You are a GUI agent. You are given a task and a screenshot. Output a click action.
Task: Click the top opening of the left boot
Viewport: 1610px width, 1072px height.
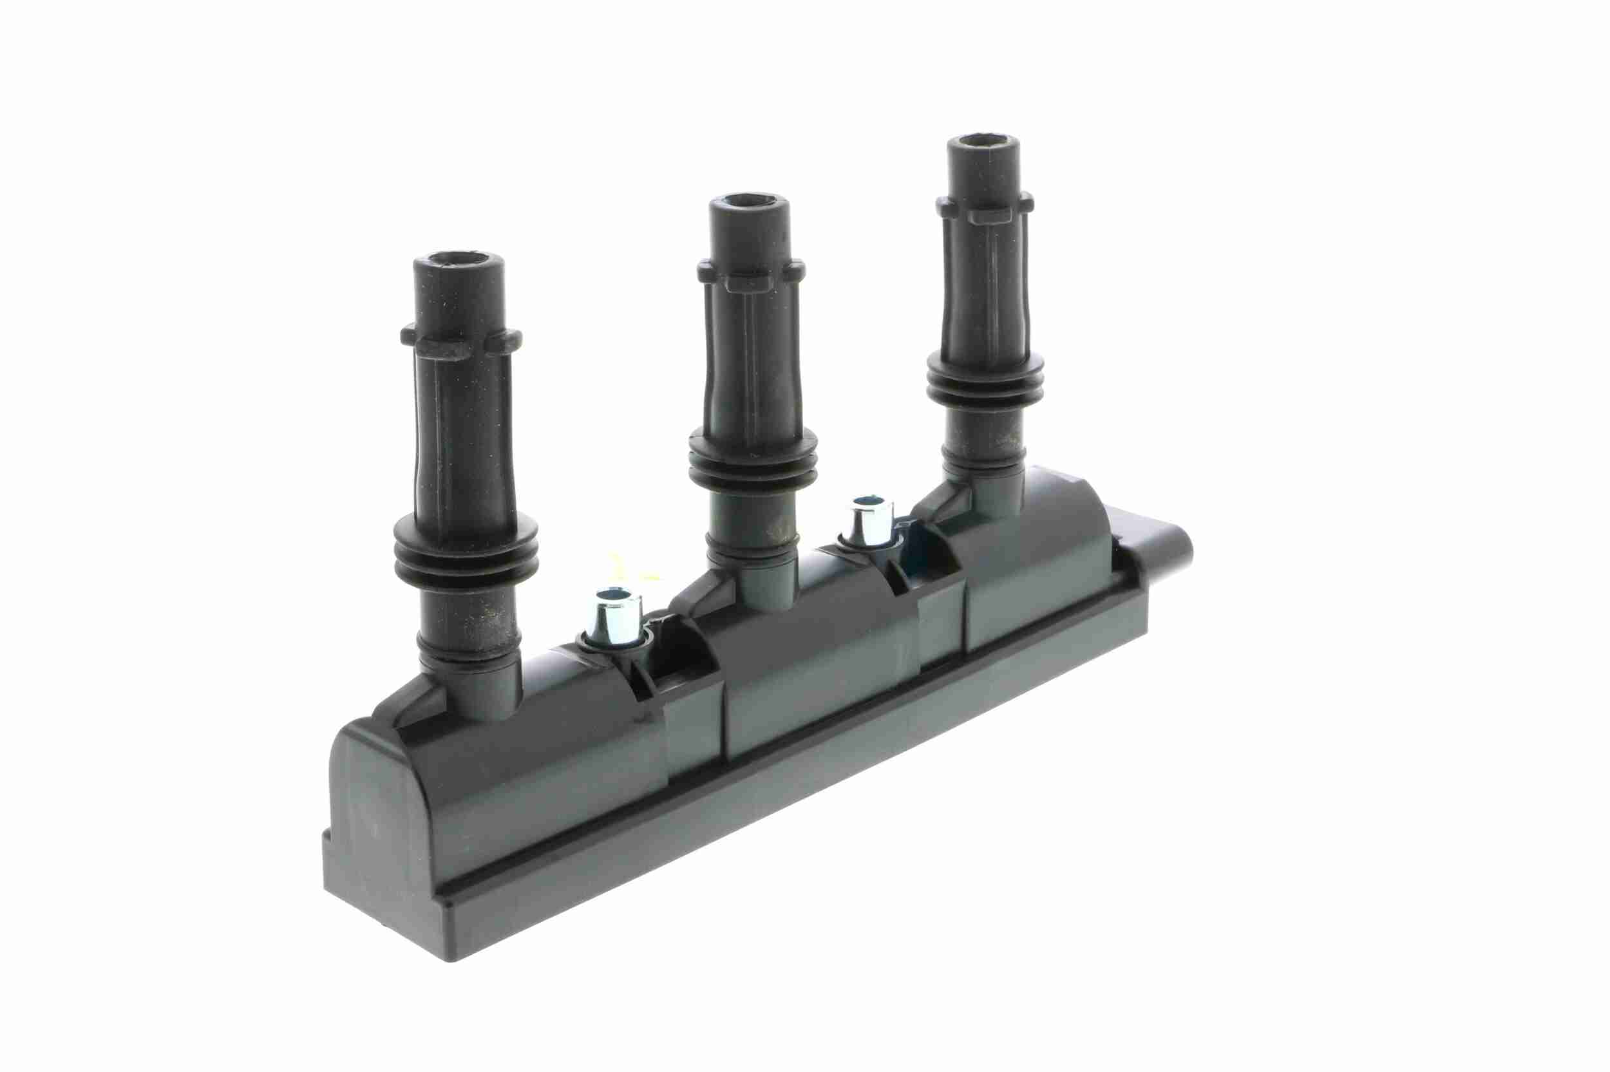point(459,262)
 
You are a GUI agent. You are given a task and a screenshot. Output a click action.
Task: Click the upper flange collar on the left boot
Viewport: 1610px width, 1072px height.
point(462,342)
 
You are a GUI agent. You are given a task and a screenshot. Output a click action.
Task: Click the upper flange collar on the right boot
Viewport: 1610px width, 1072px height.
point(985,205)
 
